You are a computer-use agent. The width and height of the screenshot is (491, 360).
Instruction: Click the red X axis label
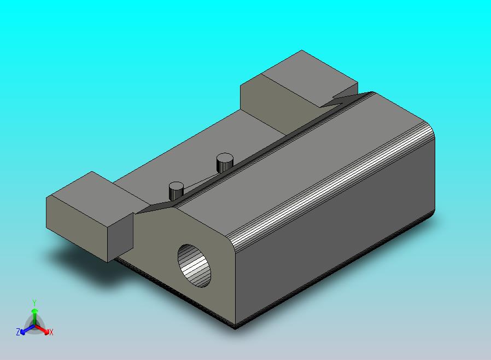tap(51, 332)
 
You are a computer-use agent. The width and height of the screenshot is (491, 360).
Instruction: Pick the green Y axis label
tap(34, 302)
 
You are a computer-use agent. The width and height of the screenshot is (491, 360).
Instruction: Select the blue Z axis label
tap(18, 332)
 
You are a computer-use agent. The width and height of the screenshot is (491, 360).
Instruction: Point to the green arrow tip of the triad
tap(34, 311)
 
